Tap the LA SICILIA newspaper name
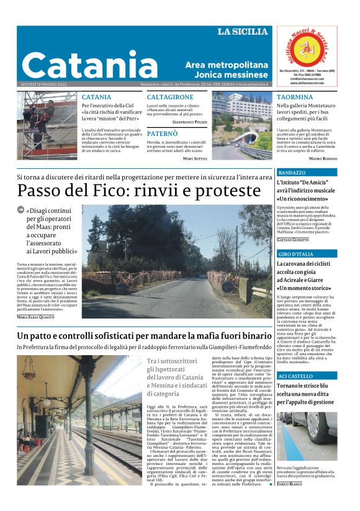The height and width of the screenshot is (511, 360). point(243,32)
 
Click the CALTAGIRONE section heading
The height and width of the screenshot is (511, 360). point(170,97)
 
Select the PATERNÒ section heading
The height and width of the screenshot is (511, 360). point(162,133)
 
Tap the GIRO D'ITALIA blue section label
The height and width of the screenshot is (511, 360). point(296,255)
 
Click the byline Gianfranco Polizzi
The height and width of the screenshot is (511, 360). point(190,122)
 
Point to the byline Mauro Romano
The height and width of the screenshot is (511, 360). point(323,159)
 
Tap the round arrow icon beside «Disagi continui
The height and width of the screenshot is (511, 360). point(21,210)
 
